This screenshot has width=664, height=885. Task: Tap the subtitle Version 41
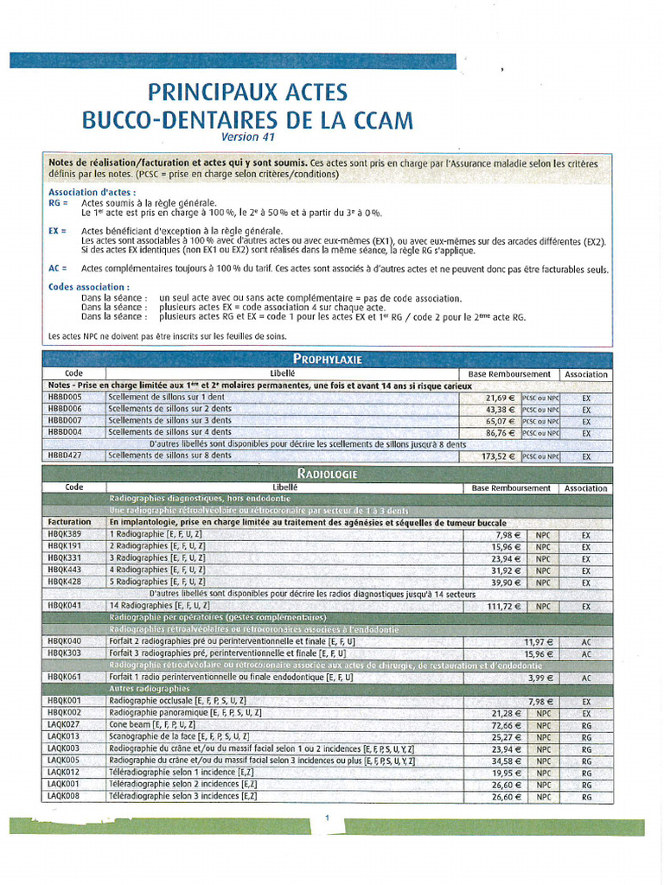[x=246, y=137]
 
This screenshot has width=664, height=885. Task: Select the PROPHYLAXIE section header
[x=327, y=359]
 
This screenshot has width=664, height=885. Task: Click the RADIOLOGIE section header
[x=327, y=474]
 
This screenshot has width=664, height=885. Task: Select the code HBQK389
[x=66, y=534]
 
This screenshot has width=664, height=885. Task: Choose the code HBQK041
[x=66, y=607]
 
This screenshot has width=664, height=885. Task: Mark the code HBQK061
[x=66, y=678]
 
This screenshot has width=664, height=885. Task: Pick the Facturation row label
[x=69, y=522]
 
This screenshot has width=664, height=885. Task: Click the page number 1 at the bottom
[x=328, y=817]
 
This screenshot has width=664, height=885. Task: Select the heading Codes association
[x=89, y=286]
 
